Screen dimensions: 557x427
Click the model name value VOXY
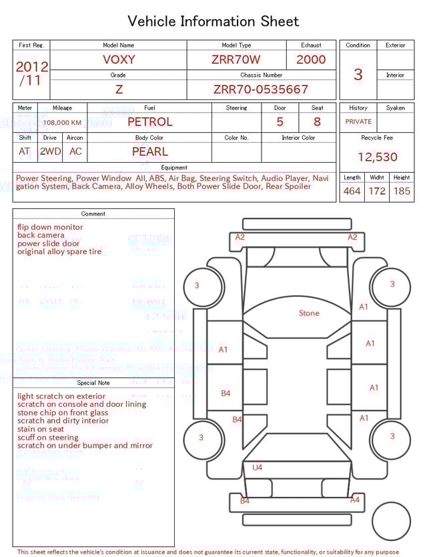119,59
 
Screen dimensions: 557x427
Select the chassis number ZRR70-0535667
261,89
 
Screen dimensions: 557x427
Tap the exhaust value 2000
311,59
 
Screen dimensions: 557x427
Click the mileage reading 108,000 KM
63,123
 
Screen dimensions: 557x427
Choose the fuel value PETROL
149,122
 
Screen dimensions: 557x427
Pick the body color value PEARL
149,151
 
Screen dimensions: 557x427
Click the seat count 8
317,122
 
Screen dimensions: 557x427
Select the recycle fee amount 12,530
377,157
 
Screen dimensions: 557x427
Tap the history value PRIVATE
358,122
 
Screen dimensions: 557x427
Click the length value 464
352,191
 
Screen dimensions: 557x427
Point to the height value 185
402,191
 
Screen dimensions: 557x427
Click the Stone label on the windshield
309,313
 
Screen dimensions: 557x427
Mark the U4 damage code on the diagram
257,468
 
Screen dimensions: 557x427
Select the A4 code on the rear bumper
355,500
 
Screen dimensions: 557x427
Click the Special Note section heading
93,383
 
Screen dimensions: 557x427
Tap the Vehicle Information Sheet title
213,21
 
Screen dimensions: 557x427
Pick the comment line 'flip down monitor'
50,227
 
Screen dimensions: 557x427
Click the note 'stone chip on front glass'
63,413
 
